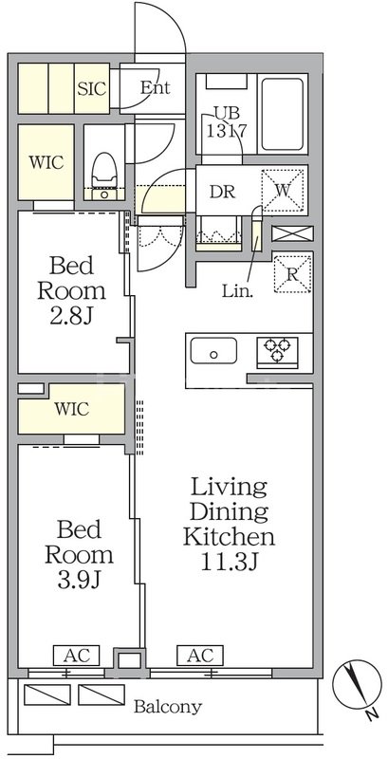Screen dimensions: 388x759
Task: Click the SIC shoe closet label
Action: tap(92, 88)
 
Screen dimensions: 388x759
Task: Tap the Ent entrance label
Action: tap(155, 87)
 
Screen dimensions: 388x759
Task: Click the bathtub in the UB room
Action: tap(283, 115)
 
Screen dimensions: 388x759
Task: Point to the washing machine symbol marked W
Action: tap(283, 191)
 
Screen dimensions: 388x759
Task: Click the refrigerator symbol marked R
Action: tap(292, 274)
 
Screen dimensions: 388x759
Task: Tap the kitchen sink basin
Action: tap(213, 351)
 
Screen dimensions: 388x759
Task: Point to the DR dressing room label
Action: tap(222, 192)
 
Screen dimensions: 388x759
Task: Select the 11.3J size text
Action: tap(230, 562)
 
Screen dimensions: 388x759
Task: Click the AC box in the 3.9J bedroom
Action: tap(77, 656)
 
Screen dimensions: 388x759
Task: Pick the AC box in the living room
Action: tap(200, 656)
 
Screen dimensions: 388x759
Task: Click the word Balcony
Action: tap(167, 707)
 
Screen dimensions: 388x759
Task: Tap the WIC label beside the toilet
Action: tap(46, 162)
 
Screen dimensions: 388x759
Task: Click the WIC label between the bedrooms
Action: tap(71, 410)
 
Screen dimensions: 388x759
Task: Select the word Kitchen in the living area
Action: tap(229, 536)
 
